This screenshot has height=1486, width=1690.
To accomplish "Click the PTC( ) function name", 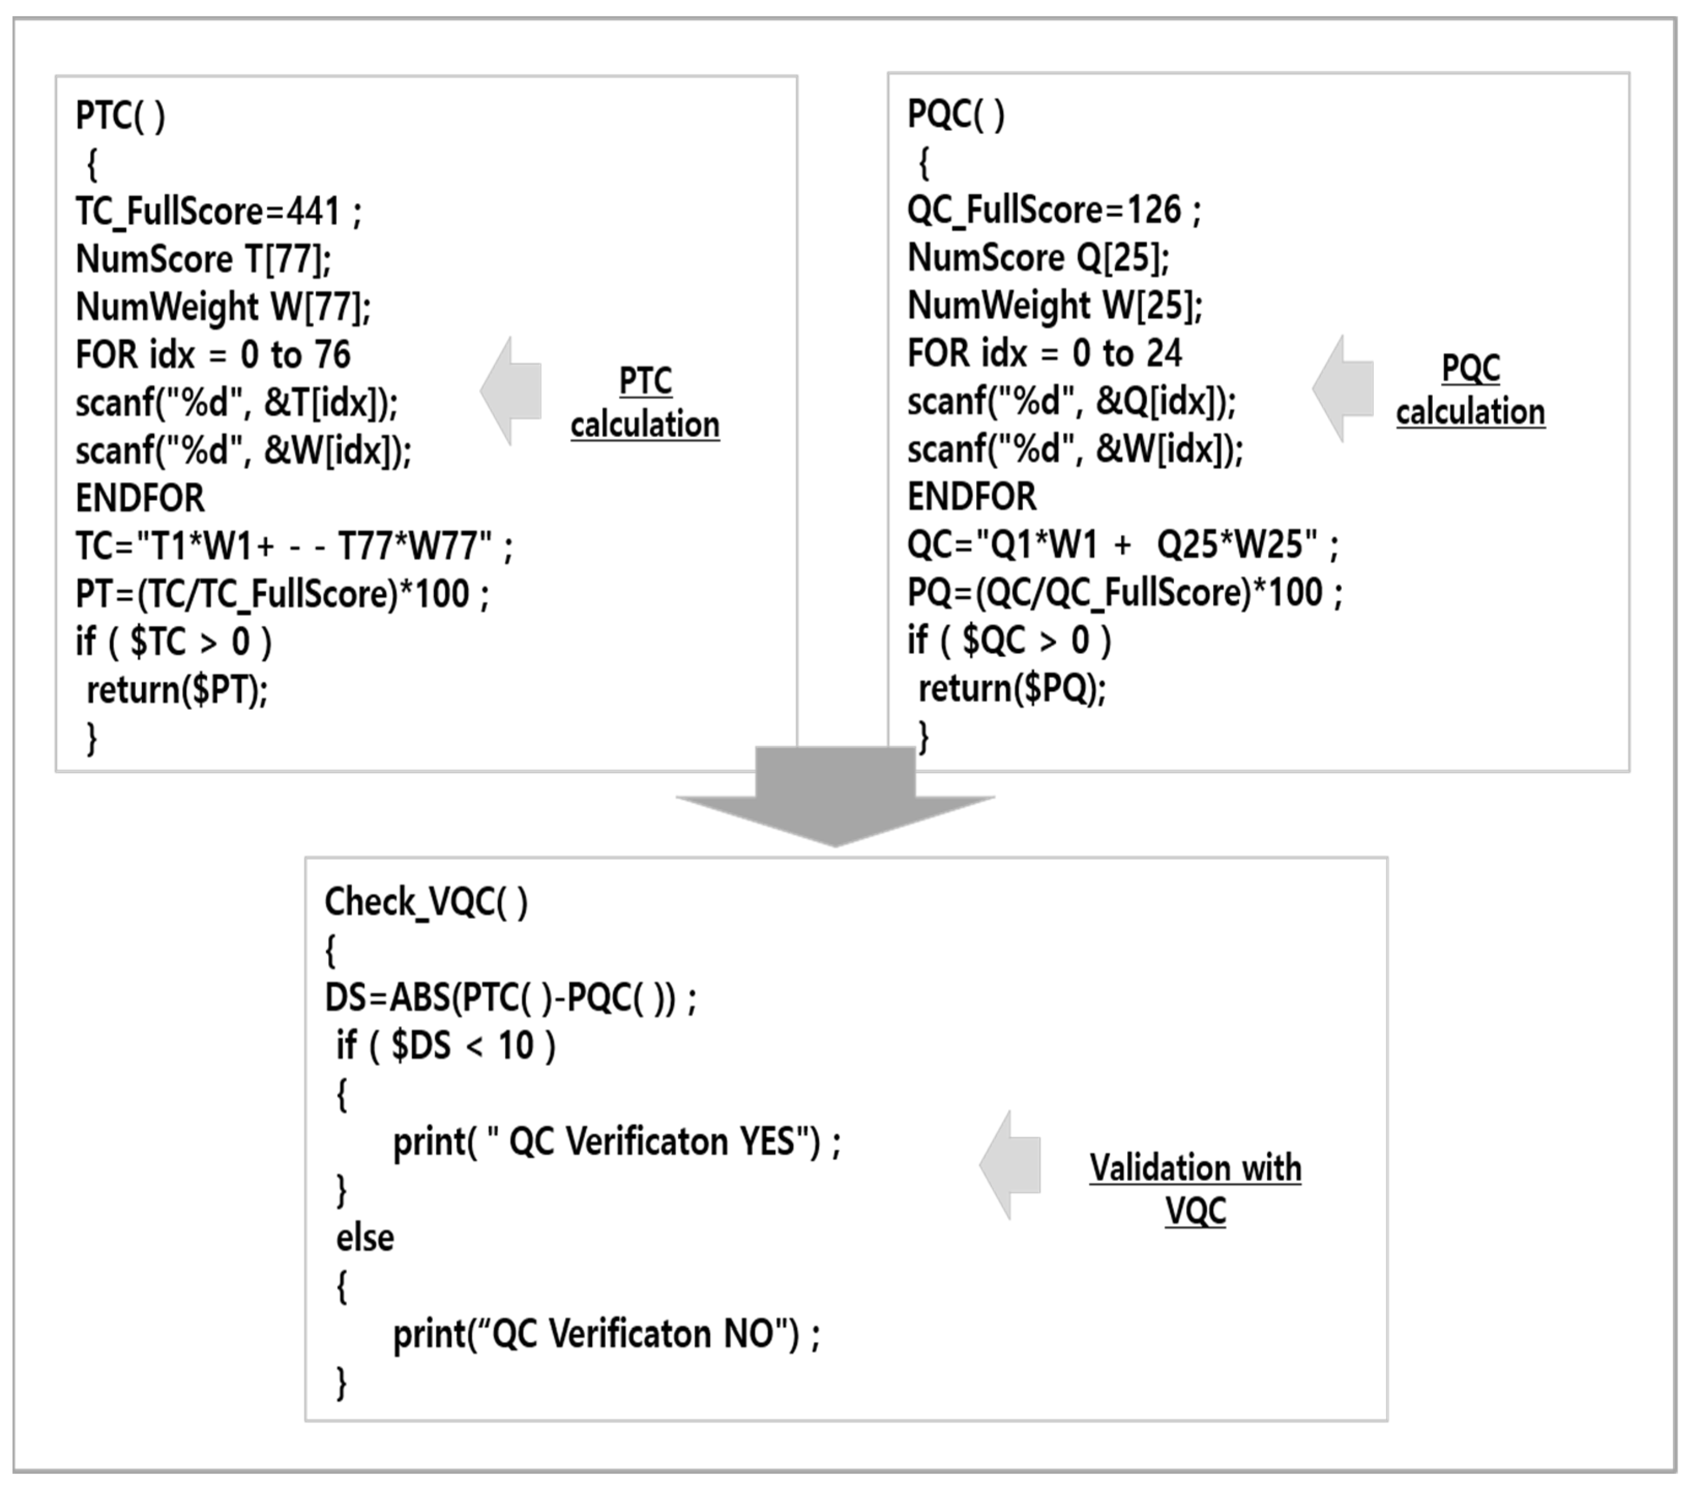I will [x=121, y=116].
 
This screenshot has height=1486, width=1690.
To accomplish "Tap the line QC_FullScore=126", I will [x=1054, y=210].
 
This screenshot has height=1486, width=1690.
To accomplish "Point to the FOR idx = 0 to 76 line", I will [x=213, y=355].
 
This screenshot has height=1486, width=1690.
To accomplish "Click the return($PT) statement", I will [x=177, y=690].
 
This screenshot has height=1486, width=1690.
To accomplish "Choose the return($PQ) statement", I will [x=1012, y=688].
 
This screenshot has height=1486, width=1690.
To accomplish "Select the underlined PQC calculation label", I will [x=1470, y=390].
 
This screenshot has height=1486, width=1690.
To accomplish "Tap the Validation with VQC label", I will [x=1195, y=1189].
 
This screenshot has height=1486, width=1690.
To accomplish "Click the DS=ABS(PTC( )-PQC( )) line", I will [x=510, y=998].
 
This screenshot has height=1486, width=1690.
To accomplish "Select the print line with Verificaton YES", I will [x=616, y=1142].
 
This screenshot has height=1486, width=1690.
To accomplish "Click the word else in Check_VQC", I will [x=365, y=1238].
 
